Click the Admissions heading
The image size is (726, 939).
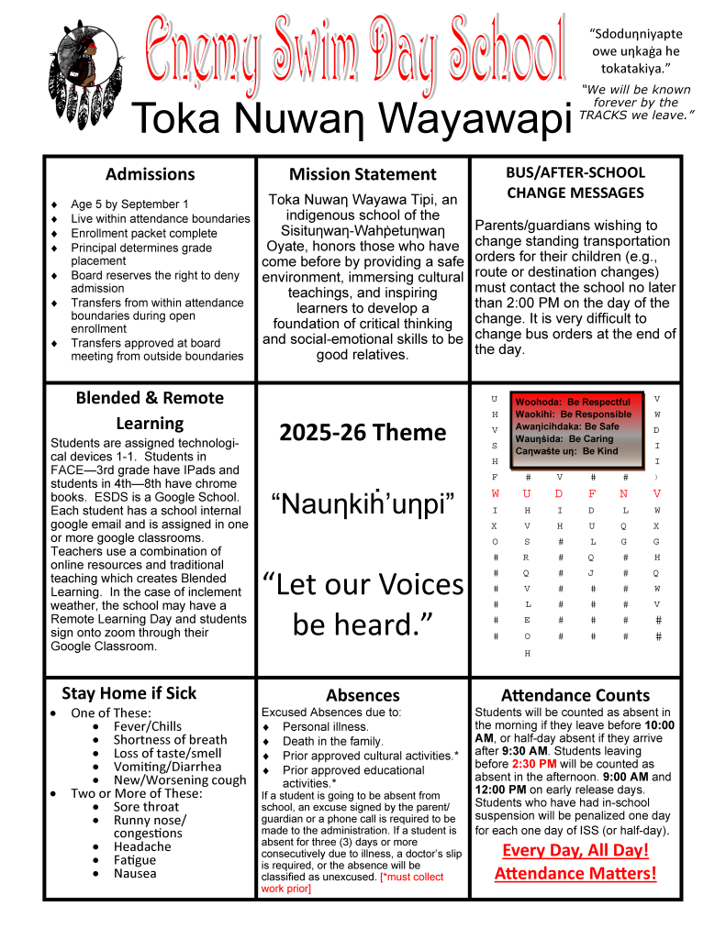pyautogui.click(x=150, y=174)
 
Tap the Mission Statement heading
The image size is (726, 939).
pyautogui.click(x=363, y=174)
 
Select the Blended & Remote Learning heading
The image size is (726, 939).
pyautogui.click(x=150, y=410)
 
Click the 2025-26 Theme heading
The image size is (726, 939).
pyautogui.click(x=363, y=432)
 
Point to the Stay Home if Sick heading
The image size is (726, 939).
pyautogui.click(x=128, y=693)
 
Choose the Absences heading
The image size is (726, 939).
pyautogui.click(x=363, y=696)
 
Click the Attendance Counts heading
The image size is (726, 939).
pyautogui.click(x=575, y=696)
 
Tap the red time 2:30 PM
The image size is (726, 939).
pyautogui.click(x=534, y=764)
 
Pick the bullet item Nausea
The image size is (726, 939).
pyautogui.click(x=135, y=874)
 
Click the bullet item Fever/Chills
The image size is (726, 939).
pyautogui.click(x=148, y=727)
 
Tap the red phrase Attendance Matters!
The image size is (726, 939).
pyautogui.click(x=575, y=873)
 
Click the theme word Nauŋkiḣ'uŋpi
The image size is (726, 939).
pyautogui.click(x=363, y=503)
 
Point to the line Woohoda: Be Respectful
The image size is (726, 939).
pyautogui.click(x=573, y=402)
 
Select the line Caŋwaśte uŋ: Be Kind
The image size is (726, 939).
pyautogui.click(x=566, y=451)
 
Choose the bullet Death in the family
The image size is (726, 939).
pyautogui.click(x=333, y=741)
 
